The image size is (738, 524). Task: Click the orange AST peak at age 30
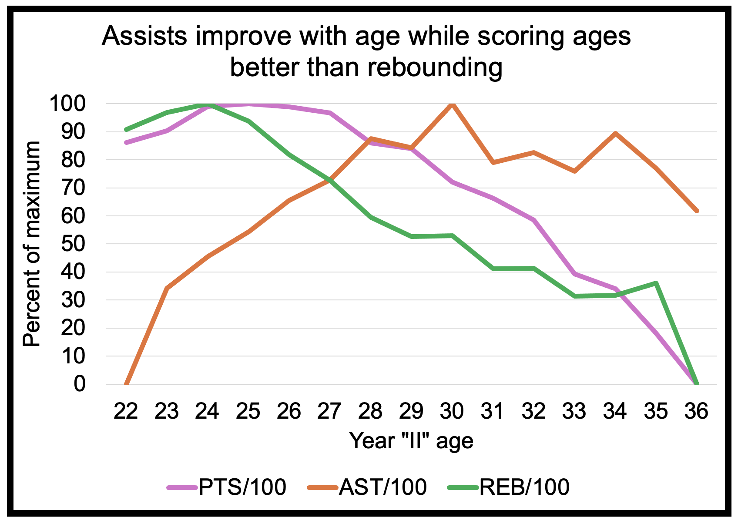pyautogui.click(x=452, y=104)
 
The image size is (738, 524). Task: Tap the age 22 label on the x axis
pyautogui.click(x=126, y=411)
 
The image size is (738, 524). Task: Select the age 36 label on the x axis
pyautogui.click(x=697, y=411)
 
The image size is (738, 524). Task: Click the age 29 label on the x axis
pyautogui.click(x=411, y=411)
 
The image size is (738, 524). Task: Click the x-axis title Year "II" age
pyautogui.click(x=411, y=441)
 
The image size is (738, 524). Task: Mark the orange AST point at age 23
pyautogui.click(x=167, y=289)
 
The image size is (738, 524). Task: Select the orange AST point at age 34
pyautogui.click(x=615, y=133)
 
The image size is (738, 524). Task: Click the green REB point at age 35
pyautogui.click(x=656, y=283)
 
